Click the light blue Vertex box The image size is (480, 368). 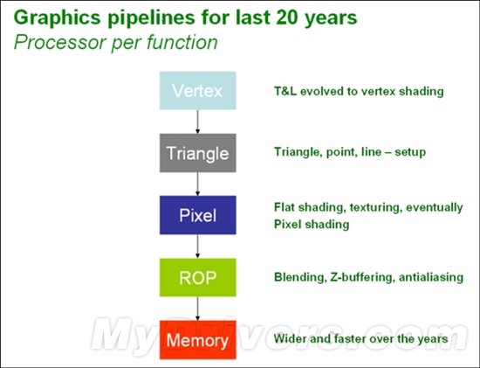tap(198, 90)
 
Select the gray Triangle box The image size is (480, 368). tap(198, 153)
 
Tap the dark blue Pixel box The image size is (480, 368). tap(198, 215)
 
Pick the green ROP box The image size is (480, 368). tap(198, 278)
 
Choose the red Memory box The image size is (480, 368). tap(198, 340)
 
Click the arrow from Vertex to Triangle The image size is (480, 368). tap(197, 122)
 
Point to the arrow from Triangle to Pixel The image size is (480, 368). tap(197, 184)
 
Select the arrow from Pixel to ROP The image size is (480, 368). tap(197, 246)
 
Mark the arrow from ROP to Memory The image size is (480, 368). tap(197, 309)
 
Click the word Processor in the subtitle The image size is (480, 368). tap(60, 42)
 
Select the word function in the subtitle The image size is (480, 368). tap(182, 42)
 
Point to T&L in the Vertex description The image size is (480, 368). tap(285, 91)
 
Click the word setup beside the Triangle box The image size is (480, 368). tap(410, 152)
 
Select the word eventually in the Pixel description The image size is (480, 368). tap(435, 208)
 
